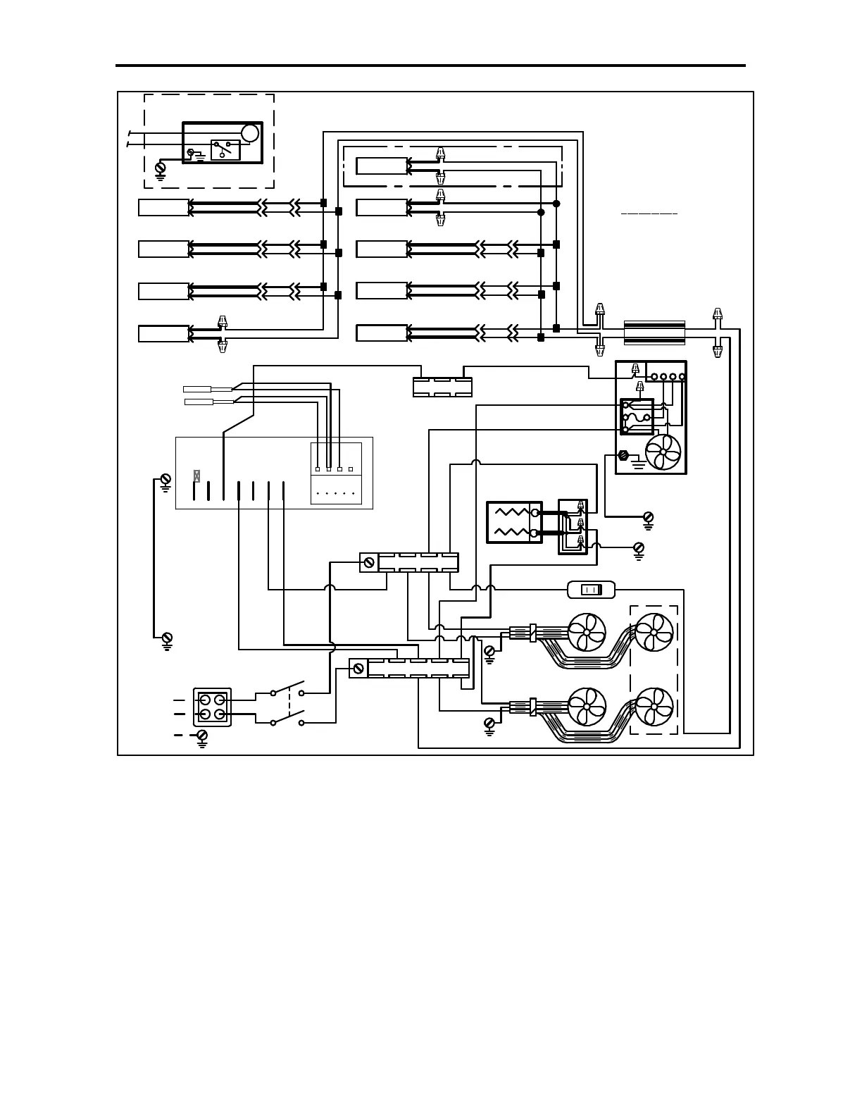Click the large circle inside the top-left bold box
(250, 132)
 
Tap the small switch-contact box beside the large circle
(225, 150)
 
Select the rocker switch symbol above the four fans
(591, 590)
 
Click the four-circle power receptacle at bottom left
(212, 707)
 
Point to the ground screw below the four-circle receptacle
(202, 736)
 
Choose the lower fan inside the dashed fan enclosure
(654, 707)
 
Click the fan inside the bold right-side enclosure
(663, 451)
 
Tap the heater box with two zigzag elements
(515, 522)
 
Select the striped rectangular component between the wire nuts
(654, 333)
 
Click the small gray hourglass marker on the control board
(196, 476)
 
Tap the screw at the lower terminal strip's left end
(358, 667)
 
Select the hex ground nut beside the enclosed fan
(623, 455)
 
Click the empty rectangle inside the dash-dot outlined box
(382, 166)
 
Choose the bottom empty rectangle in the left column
(163, 333)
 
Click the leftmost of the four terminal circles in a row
(654, 377)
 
